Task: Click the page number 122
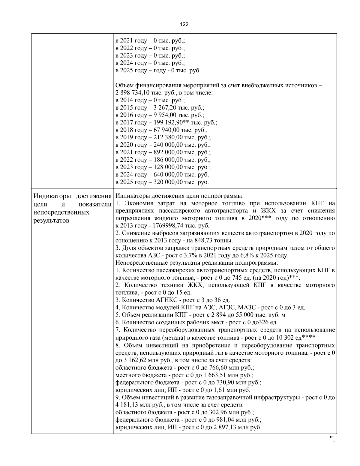(184, 24)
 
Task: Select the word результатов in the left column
(51, 221)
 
